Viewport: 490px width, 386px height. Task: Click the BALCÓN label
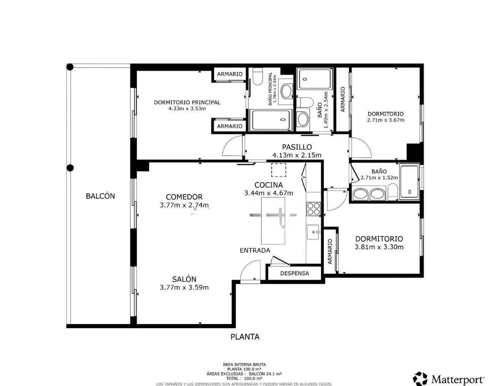[x=100, y=196]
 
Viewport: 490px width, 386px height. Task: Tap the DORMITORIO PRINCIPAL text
[x=187, y=102]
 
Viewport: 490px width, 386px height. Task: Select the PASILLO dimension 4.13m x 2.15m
[x=296, y=155]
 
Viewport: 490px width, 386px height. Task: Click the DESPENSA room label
[x=294, y=273]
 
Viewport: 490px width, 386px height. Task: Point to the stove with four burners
[x=313, y=208]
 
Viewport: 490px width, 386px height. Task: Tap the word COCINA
[x=268, y=185]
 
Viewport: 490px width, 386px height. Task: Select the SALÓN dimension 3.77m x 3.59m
[x=184, y=287]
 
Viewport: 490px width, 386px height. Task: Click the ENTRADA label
[x=255, y=251]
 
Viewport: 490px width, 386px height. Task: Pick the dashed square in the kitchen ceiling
[x=278, y=170]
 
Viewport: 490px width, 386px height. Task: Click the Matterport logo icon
[x=420, y=379]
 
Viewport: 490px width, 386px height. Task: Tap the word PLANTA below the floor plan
[x=245, y=337]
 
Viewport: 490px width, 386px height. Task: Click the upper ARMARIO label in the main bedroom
[x=230, y=74]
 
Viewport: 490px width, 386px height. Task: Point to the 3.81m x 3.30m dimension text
[x=379, y=247]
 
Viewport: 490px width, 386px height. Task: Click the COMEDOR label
[x=184, y=197]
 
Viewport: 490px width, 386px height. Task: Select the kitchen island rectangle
[x=273, y=220]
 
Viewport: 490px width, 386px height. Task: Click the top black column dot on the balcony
[x=70, y=67]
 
